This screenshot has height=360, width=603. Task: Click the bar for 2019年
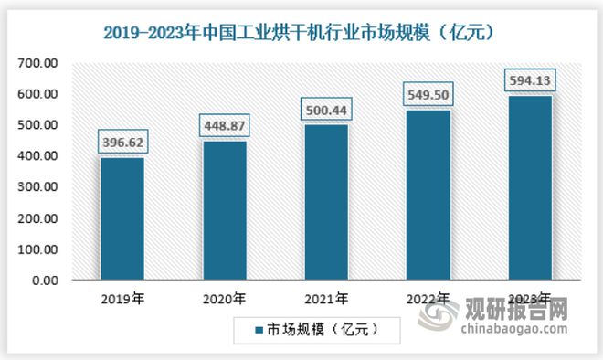point(122,218)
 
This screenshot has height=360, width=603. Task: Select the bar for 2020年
point(223,210)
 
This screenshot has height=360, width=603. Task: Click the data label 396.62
point(122,143)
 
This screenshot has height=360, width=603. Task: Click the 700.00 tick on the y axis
point(39,62)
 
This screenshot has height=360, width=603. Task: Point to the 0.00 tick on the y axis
point(46,281)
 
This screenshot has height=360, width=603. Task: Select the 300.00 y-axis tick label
point(39,187)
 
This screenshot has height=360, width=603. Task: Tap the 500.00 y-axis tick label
point(39,124)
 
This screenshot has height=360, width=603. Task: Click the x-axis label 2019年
point(122,298)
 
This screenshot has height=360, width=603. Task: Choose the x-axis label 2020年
point(223,298)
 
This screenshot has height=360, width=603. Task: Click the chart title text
point(301,33)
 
